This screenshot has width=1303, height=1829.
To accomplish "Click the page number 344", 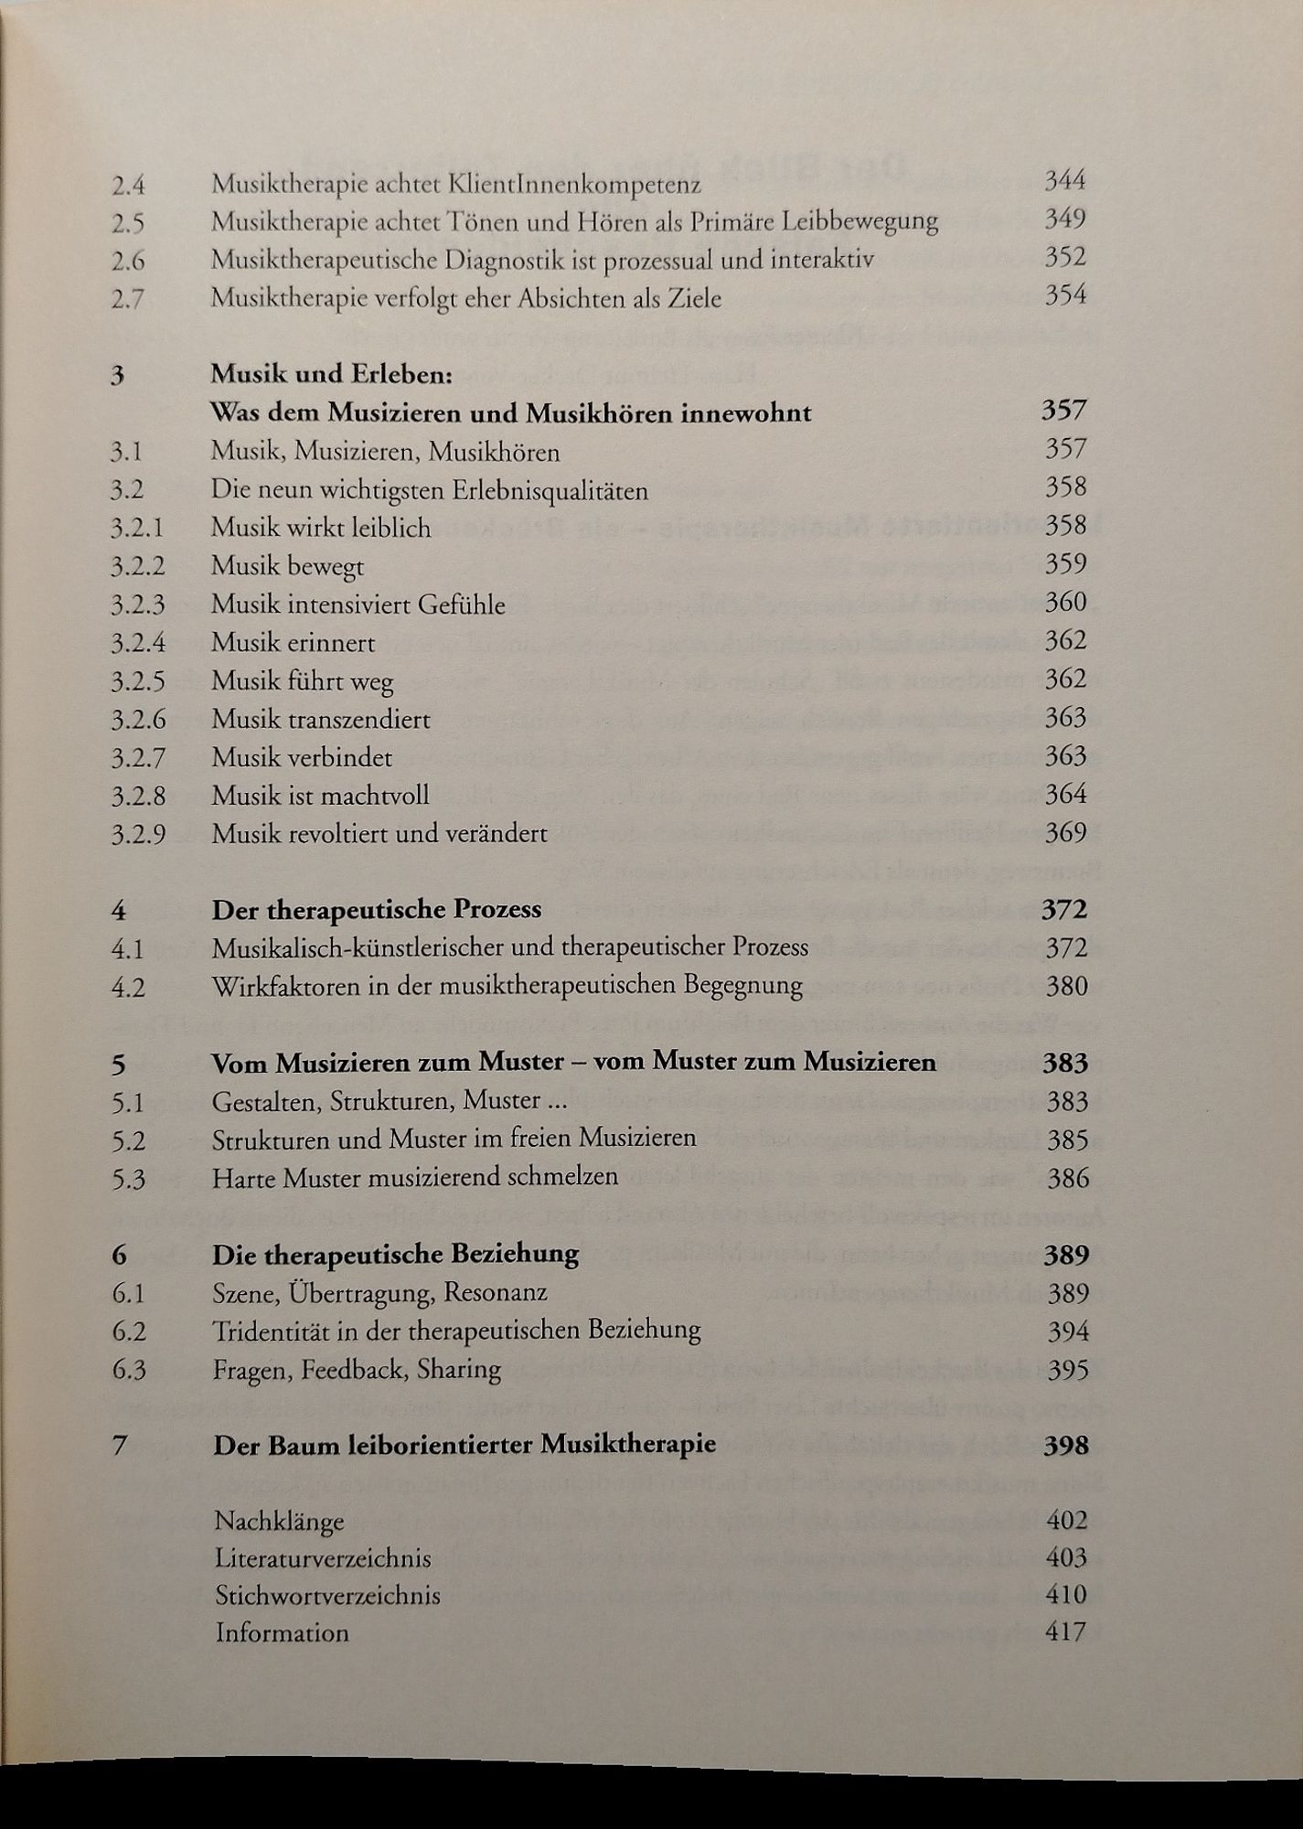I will [1064, 181].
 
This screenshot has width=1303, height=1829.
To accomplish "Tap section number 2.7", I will [128, 299].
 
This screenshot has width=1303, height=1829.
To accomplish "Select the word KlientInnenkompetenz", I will [573, 184].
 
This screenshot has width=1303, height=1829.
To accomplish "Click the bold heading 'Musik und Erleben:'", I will [332, 374].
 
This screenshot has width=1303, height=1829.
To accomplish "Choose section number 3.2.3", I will [138, 605].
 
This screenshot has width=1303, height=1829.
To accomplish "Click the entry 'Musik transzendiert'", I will [321, 720].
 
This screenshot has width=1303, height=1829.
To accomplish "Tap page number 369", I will [1065, 833].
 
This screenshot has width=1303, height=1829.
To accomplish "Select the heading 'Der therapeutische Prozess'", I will [377, 910].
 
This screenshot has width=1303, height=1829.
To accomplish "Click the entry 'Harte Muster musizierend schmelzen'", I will [415, 1178].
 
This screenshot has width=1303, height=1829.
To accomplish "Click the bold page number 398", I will [1065, 1446].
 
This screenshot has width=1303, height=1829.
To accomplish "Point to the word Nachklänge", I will [280, 1522].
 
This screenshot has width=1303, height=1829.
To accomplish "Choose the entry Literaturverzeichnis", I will [324, 1558].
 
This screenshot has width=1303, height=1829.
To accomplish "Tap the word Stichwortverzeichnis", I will [328, 1596].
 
